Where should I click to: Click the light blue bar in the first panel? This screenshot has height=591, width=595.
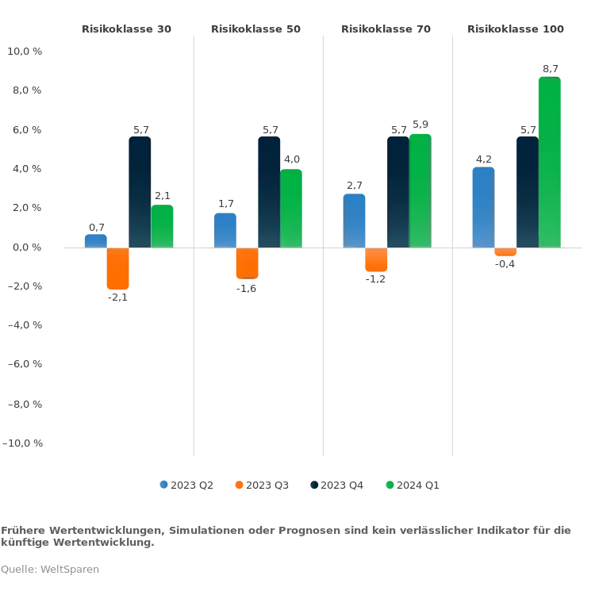pyautogui.click(x=95, y=240)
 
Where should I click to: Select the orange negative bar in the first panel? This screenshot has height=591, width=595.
pyautogui.click(x=118, y=270)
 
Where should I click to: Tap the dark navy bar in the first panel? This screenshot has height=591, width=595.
pyautogui.click(x=140, y=191)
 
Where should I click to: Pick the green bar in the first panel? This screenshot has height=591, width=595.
pyautogui.click(x=163, y=226)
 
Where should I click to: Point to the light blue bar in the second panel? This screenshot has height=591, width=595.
pyautogui.click(x=225, y=229)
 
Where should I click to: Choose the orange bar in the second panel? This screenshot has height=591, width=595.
pyautogui.click(x=247, y=263)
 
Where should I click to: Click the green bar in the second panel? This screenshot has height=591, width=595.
pyautogui.click(x=292, y=208)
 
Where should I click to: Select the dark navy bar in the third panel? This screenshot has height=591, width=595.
pyautogui.click(x=398, y=191)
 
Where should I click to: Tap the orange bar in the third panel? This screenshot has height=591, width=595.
pyautogui.click(x=376, y=260)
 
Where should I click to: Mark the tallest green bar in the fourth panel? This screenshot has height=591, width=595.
pyautogui.click(x=550, y=162)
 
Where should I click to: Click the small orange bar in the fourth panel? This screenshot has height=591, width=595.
pyautogui.click(x=506, y=253)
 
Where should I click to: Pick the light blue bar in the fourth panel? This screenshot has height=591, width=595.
pyautogui.click(x=482, y=206)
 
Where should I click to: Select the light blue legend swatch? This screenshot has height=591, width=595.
pyautogui.click(x=165, y=482)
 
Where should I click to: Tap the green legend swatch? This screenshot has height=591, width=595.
pyautogui.click(x=389, y=482)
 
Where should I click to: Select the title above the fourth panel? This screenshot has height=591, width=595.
pyautogui.click(x=514, y=31)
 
